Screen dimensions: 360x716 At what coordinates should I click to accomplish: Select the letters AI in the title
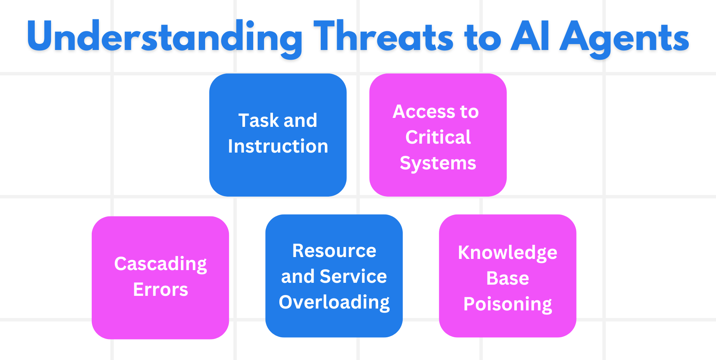tap(530, 37)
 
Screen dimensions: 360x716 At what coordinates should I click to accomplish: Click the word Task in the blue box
tap(259, 120)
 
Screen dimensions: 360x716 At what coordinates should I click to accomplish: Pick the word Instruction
tap(278, 146)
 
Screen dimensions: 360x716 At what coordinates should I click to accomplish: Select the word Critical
tap(438, 137)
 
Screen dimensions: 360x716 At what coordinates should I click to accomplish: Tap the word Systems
tap(438, 163)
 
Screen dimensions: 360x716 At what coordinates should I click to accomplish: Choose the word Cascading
tap(160, 264)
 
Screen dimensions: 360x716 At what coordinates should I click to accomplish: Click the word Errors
tap(160, 290)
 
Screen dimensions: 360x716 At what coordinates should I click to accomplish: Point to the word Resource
tap(334, 251)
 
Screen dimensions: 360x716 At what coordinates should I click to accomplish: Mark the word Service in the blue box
tap(353, 276)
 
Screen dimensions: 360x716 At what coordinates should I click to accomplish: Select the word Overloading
tap(334, 303)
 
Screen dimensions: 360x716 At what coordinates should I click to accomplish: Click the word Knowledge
tap(508, 253)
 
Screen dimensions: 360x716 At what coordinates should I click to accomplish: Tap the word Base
tap(508, 278)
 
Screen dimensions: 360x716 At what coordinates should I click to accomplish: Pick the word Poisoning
tap(508, 304)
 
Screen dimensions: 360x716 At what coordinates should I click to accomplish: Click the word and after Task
tap(300, 120)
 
